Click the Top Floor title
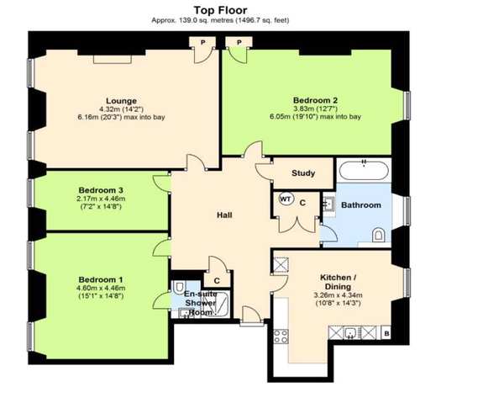pos(220,10)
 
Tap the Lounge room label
pos(121,101)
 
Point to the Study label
pos(303,173)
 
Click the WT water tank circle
pos(286,199)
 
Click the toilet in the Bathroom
pos(378,235)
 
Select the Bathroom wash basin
pos(328,204)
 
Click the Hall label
pos(224,215)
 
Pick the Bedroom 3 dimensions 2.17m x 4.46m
pos(101,199)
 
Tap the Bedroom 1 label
pos(101,279)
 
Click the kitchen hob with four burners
pos(281,337)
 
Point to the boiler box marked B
pos(386,333)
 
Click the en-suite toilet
pos(178,287)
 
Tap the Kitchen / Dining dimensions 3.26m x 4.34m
pos(338,294)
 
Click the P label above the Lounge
pos(202,42)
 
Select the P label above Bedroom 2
pos(239,42)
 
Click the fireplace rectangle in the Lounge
pos(113,59)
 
